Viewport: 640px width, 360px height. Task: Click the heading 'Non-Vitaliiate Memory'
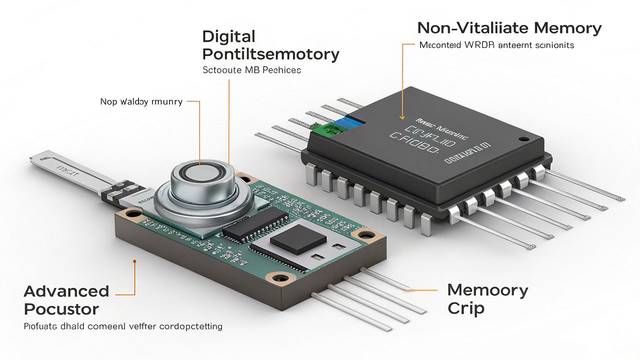[509, 28]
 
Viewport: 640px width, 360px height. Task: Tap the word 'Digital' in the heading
[229, 36]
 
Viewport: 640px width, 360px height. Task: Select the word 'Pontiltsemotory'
[270, 54]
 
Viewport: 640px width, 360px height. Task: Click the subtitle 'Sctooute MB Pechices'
[251, 70]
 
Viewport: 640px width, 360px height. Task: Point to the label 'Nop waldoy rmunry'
[141, 102]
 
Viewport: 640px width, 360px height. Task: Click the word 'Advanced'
[66, 291]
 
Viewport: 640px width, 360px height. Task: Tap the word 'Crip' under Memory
[465, 308]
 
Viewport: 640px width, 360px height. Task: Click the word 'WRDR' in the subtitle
[479, 45]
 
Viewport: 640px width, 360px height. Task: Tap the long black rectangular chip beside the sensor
[255, 222]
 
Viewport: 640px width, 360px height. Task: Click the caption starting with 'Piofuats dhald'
[123, 326]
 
